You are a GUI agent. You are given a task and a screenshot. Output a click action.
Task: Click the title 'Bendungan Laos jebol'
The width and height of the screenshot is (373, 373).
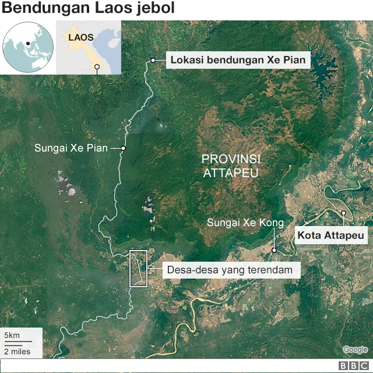pyautogui.click(x=87, y=9)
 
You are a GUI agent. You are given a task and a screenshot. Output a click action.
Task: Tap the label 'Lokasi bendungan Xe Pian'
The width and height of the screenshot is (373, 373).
pyautogui.click(x=238, y=59)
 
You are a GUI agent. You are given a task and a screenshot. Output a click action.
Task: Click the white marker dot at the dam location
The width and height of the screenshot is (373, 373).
pyautogui.click(x=153, y=60)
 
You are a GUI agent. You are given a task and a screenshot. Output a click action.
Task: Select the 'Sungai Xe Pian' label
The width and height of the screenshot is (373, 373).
pyautogui.click(x=71, y=148)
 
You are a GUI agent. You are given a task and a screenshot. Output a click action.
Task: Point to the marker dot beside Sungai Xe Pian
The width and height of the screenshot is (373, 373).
pyautogui.click(x=123, y=148)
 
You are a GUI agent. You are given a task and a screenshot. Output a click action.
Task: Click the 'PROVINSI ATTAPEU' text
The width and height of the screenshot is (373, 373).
pyautogui.click(x=230, y=166)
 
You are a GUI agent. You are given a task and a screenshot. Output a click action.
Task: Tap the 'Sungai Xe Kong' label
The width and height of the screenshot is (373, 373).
pyautogui.click(x=245, y=223)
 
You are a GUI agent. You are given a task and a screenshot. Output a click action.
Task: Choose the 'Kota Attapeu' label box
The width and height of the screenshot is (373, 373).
pyautogui.click(x=332, y=236)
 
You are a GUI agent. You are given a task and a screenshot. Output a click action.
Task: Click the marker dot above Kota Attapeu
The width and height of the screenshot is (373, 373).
pyautogui.click(x=344, y=213)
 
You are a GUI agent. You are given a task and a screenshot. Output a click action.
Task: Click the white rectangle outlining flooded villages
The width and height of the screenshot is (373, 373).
pyautogui.click(x=138, y=268)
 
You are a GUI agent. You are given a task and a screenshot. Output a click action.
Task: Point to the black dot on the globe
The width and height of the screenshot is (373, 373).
pyautogui.click(x=27, y=43)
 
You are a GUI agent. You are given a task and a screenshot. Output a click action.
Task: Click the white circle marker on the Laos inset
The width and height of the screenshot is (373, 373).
pyautogui.click(x=97, y=66)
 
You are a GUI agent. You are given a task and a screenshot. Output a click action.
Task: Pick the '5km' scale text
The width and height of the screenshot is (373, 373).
pyautogui.click(x=12, y=335)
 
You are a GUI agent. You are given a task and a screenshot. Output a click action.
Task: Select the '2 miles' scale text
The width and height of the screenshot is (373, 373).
pyautogui.click(x=17, y=351)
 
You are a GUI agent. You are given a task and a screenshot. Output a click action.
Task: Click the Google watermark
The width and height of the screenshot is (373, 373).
pyautogui.click(x=355, y=350)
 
